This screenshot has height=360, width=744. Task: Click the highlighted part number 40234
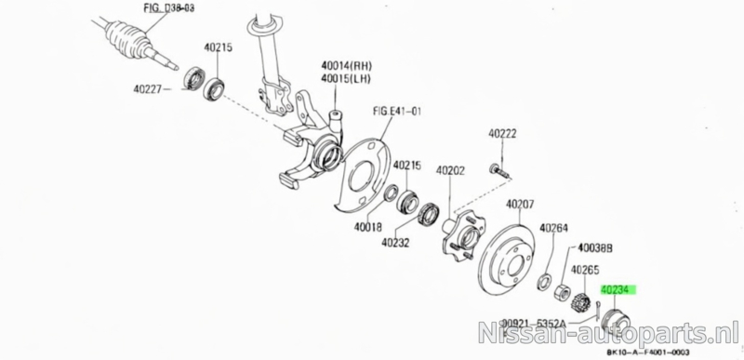pos(617,289)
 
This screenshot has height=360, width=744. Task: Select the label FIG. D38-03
pos(168,8)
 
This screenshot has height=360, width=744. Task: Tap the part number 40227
pos(148,88)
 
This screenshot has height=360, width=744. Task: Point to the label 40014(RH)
pos(346,65)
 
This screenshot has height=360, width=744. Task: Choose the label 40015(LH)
pos(345,78)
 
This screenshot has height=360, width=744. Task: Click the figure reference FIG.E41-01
pos(397,112)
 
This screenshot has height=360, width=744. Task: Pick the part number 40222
pos(502,134)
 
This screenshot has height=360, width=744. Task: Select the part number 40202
pos(451,170)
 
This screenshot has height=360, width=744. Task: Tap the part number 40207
pos(520,205)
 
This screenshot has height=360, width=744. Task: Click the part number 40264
pos(553,228)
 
